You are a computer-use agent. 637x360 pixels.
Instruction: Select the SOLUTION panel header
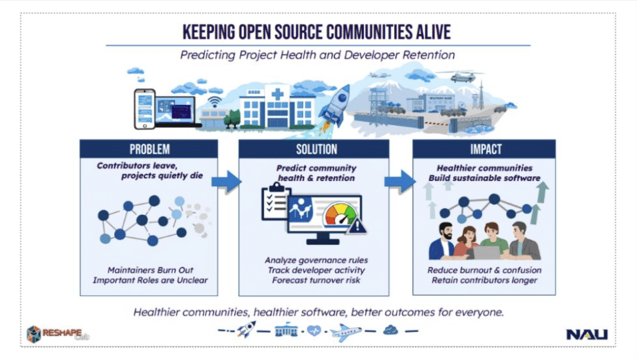317,149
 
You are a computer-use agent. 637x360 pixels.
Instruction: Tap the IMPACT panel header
483,149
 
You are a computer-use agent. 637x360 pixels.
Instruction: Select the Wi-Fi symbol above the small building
215,102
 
